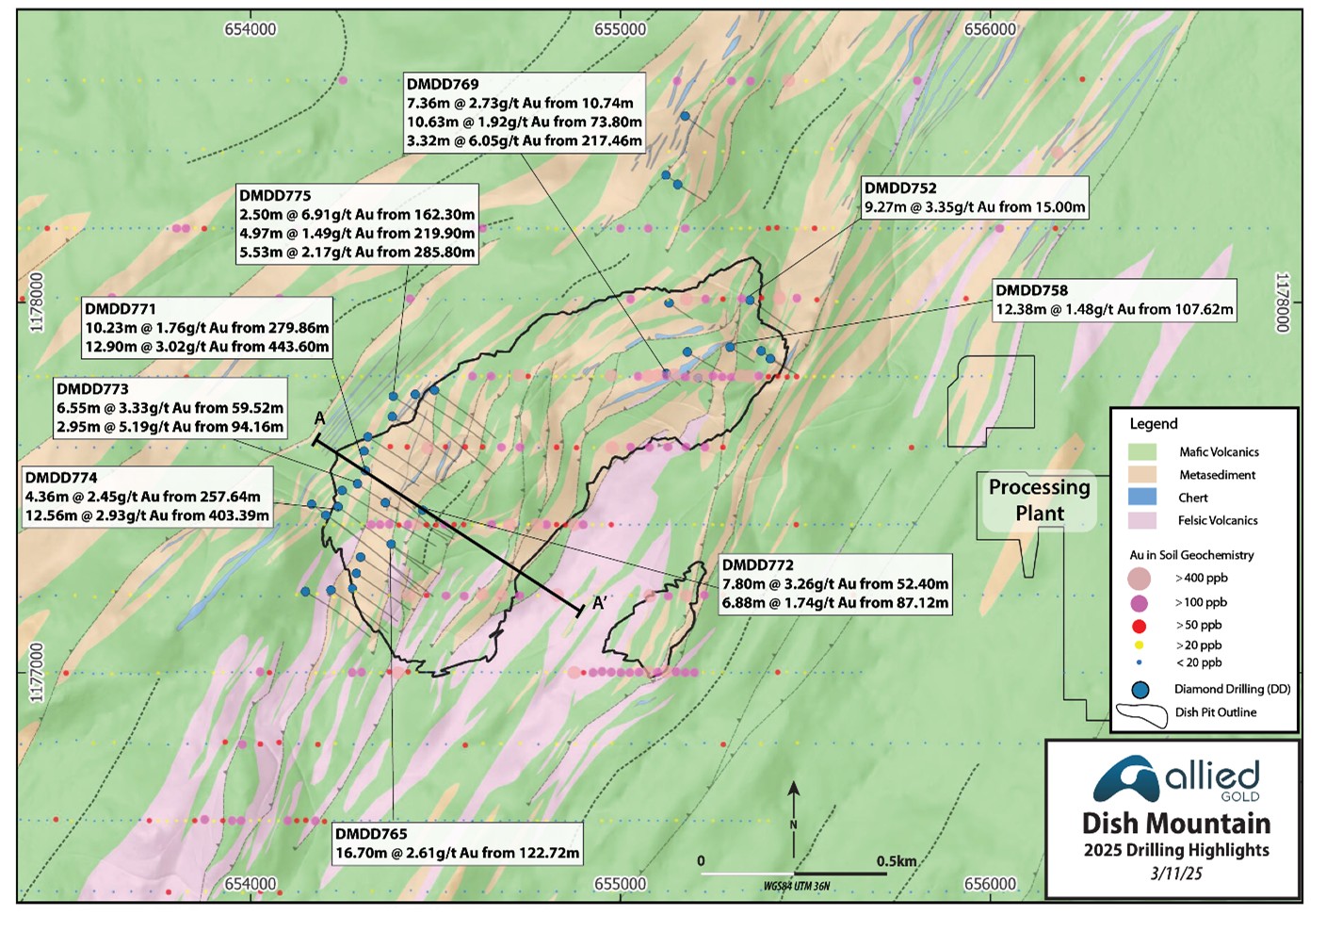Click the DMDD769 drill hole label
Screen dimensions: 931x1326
[443, 85]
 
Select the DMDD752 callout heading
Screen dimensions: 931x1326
[900, 188]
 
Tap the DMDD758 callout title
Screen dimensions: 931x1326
[1031, 291]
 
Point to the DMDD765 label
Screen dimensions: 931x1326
[371, 834]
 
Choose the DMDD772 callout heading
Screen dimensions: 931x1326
[757, 565]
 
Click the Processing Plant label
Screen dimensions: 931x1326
[1039, 500]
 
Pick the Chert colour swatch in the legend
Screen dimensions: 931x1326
[1141, 498]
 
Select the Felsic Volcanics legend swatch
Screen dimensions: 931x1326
[1141, 520]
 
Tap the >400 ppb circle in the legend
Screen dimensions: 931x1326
[1140, 579]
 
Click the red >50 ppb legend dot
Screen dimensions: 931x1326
[1140, 626]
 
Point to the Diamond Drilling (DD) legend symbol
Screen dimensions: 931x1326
[1140, 690]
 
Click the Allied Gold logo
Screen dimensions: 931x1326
[1175, 779]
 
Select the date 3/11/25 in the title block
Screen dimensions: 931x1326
[1176, 874]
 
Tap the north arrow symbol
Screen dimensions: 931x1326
[794, 801]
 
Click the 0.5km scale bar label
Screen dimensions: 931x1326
[896, 861]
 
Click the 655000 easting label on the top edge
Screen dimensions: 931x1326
[620, 29]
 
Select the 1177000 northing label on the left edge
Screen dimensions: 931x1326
[37, 672]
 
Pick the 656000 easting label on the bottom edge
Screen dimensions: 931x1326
[990, 884]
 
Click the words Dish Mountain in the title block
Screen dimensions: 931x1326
[1176, 824]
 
